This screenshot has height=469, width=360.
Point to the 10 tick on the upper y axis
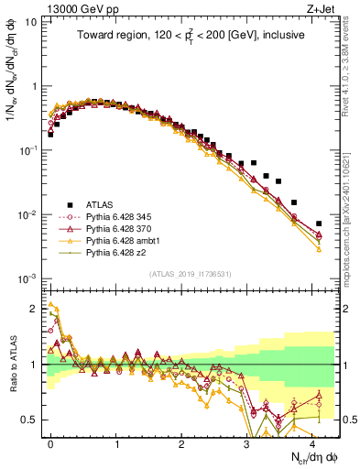tap(31, 21)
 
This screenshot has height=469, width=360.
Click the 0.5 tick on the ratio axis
tap(29, 420)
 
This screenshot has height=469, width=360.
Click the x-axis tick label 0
tap(50, 442)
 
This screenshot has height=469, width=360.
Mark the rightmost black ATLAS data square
tap(319, 224)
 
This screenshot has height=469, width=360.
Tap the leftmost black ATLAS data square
tap(50, 135)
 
